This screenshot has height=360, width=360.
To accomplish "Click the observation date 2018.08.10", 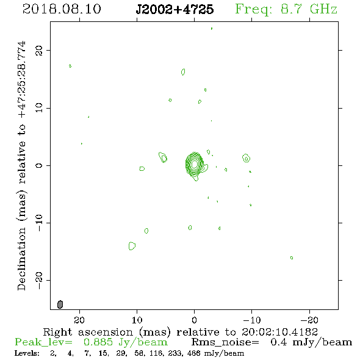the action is tap(62, 9).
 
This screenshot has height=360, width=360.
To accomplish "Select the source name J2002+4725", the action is tap(175, 9).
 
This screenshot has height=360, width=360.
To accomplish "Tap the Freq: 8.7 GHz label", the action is tap(286, 9).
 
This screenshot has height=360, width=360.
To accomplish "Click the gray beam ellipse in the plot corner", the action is tap(60, 304).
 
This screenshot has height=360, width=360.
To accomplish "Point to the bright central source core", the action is tap(195, 164).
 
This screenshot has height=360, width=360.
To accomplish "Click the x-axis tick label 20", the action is tap(79, 320).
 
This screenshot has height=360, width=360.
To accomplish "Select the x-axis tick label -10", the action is tap(251, 320).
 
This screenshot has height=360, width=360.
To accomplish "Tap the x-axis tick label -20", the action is tap(309, 320).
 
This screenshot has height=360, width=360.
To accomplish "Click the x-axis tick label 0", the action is tap(194, 320).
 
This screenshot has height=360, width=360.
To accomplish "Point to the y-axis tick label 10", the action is tap(39, 107).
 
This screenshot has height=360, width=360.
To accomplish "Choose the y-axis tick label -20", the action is tap(39, 281).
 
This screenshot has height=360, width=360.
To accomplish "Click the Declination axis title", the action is tap(21, 166).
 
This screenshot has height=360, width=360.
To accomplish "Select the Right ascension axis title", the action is tap(180, 332).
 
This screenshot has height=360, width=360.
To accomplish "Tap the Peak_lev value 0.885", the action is tap(98, 342).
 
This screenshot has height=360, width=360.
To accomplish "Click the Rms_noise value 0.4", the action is tap(278, 342).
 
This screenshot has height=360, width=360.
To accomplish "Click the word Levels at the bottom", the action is tap(27, 353).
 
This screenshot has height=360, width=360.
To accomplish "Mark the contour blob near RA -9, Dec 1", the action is tap(246, 158).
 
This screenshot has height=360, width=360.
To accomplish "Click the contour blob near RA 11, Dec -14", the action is tap(132, 246).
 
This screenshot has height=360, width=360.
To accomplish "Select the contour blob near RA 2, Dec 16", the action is tap(183, 72).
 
